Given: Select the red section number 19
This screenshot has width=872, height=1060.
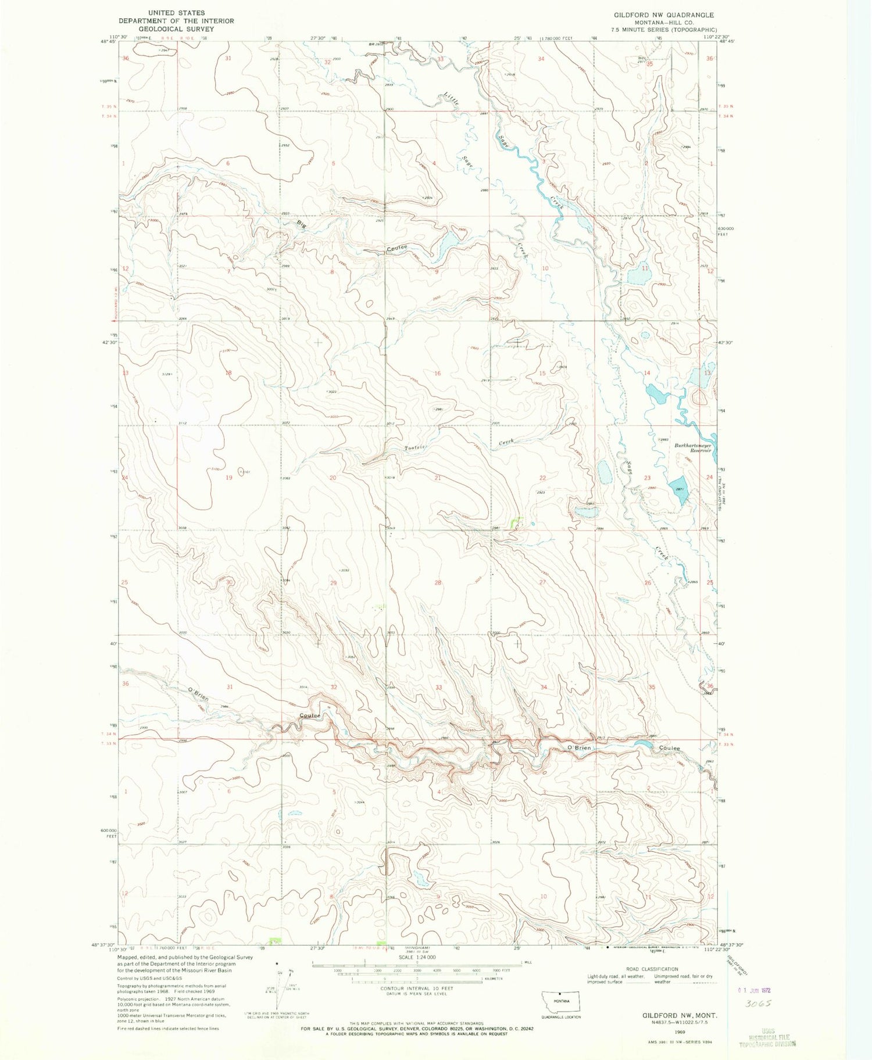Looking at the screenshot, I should pyautogui.click(x=229, y=478).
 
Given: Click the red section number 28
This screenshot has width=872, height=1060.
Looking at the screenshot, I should pyautogui.click(x=437, y=582).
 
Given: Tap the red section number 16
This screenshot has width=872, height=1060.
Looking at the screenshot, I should pyautogui.click(x=437, y=373).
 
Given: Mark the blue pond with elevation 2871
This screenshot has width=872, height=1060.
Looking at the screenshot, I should pyautogui.click(x=677, y=487).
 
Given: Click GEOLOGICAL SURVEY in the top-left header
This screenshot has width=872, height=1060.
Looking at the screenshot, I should pyautogui.click(x=176, y=28).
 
